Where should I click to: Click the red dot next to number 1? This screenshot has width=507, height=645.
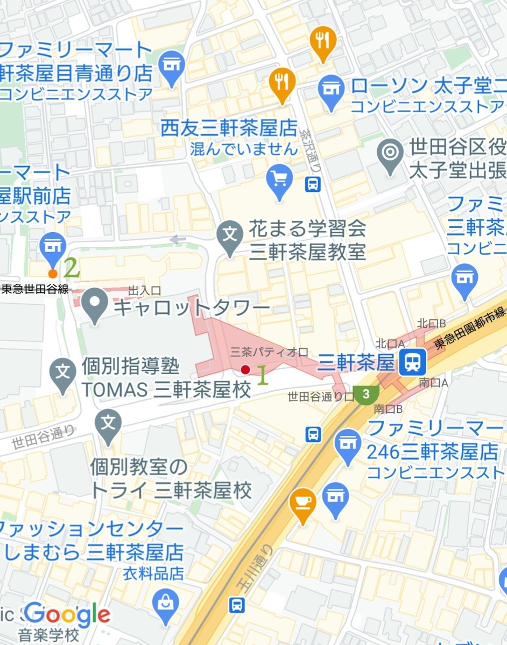point(245,369)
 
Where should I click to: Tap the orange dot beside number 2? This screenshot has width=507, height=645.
point(53,273)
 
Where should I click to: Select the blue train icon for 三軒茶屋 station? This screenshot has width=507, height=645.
point(413,363)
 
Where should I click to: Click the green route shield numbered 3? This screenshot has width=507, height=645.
point(367,393)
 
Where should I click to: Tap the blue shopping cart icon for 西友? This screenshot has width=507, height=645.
point(279,179)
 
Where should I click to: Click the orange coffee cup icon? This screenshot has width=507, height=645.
point(303,501)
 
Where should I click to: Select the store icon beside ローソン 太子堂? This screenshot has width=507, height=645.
point(331,87)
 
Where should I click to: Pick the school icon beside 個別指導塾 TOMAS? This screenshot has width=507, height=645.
point(64,371)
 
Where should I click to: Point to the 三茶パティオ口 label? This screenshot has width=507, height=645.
point(269,353)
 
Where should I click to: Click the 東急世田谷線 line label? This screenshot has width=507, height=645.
point(35,290)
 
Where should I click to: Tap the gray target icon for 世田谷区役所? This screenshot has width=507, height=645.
point(391,152)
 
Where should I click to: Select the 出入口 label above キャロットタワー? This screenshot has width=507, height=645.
point(144,291)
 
